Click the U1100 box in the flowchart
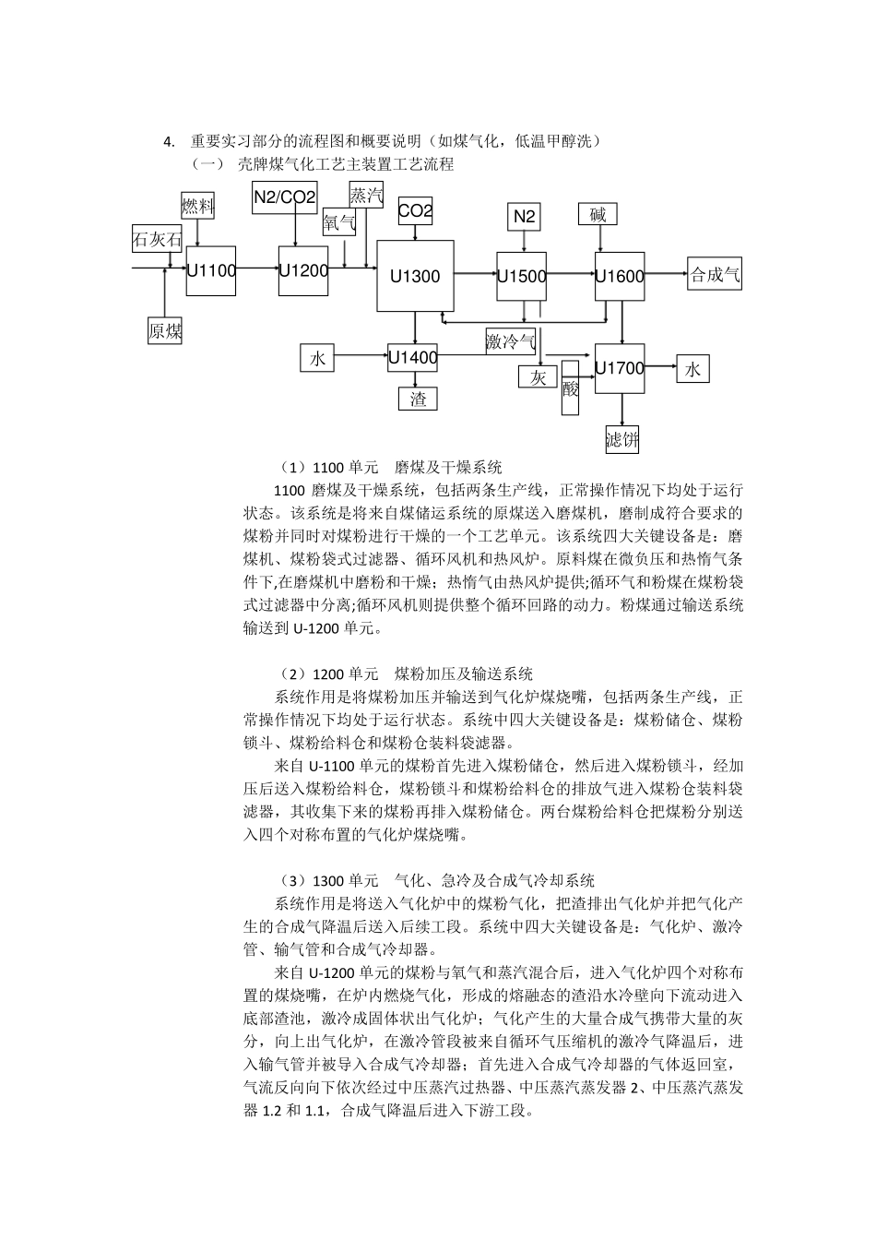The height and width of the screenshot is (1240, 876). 211,270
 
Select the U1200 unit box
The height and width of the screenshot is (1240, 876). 303,270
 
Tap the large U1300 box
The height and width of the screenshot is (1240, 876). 415,275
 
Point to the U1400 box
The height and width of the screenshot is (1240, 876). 412,357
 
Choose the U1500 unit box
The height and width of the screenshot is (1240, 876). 522,275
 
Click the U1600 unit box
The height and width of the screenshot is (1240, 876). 620,276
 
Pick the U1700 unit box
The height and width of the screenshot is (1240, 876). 620,368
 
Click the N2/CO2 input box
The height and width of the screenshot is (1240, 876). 285,197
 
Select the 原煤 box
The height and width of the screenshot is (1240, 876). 165,331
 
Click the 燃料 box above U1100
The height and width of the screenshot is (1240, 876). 197,205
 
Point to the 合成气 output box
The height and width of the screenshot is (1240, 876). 716,274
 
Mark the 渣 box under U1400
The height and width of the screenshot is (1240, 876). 418,399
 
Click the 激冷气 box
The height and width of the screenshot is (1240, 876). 511,341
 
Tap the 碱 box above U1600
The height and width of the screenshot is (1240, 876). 598,215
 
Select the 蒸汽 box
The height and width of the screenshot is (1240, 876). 366,195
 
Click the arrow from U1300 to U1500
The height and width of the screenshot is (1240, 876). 475,273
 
